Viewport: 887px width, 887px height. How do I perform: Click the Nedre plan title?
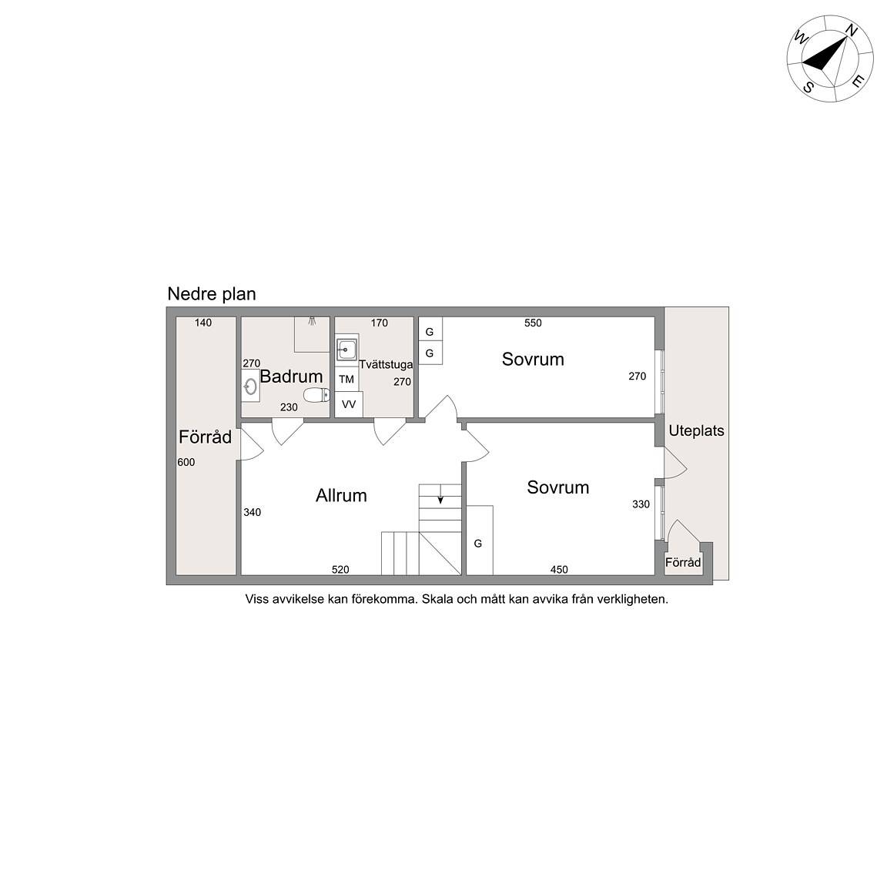click(x=212, y=294)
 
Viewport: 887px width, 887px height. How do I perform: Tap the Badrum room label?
click(x=291, y=377)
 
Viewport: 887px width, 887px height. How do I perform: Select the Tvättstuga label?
click(x=386, y=365)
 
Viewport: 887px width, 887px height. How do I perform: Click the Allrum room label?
click(x=341, y=496)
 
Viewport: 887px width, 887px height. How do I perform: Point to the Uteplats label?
click(x=696, y=431)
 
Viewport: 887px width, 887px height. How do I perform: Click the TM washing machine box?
click(x=346, y=379)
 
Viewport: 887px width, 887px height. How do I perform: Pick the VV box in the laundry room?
click(x=349, y=404)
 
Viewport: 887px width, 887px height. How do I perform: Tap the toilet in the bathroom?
click(x=316, y=395)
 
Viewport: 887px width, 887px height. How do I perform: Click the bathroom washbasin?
click(x=250, y=386)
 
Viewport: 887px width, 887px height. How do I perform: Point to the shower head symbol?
click(x=311, y=321)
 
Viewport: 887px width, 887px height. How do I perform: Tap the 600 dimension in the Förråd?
click(x=186, y=462)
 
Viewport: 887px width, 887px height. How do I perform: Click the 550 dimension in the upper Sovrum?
click(x=533, y=323)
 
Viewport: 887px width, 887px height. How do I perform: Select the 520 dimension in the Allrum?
click(x=340, y=570)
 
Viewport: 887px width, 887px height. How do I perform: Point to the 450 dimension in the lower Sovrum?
click(x=559, y=570)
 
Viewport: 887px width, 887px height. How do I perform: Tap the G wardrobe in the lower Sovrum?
click(x=479, y=541)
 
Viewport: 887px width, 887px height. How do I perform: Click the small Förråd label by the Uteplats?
click(x=683, y=562)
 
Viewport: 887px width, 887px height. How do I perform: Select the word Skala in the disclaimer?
click(x=437, y=599)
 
